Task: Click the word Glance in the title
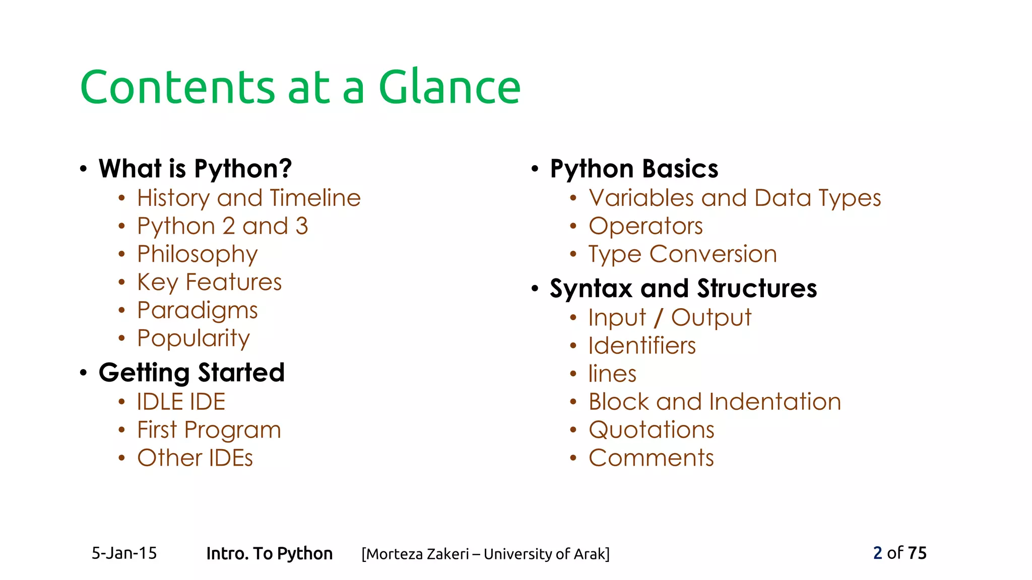pos(449,87)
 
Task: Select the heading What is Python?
pos(195,169)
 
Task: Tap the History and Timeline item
pos(249,198)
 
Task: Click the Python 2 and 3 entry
pos(222,226)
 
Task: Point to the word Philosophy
pos(198,254)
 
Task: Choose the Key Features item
pos(209,282)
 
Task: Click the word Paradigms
pos(198,310)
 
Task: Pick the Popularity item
pos(193,338)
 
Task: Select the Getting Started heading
pos(191,373)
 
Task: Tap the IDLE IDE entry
pos(181,402)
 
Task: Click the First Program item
pos(209,430)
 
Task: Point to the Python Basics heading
pos(634,169)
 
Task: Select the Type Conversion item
pos(683,254)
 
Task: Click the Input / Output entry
pos(670,318)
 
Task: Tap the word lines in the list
pos(612,374)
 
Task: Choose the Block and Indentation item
pos(715,402)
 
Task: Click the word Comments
pos(651,458)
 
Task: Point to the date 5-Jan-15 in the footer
pos(124,553)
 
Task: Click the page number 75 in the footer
pos(917,553)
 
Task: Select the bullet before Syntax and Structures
pos(535,288)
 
